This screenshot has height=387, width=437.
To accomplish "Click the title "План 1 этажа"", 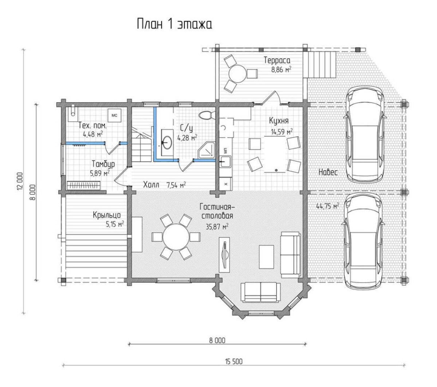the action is click(174, 24).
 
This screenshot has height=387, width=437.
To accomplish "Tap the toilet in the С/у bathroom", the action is click(206, 115).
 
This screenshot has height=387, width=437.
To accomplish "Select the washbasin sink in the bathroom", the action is click(167, 142).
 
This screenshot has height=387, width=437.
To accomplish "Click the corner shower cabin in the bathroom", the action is click(207, 150).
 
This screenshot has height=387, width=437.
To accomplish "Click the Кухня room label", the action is click(279, 121).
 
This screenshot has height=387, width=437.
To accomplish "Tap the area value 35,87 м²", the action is click(217, 226).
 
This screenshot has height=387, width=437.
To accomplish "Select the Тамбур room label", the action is click(103, 164).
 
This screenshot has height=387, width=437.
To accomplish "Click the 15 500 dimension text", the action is click(234, 362).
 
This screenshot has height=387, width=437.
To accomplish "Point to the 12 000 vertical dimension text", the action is click(20, 181).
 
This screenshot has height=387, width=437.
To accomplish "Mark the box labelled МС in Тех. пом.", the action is click(114, 115).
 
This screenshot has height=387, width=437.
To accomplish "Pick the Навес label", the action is click(328, 172).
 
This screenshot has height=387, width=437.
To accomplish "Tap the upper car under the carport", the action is click(365, 134).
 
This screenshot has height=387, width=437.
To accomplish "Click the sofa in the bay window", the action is click(260, 292).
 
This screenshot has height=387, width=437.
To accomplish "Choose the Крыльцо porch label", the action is click(107, 215).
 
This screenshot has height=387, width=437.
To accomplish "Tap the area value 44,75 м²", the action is click(327, 206).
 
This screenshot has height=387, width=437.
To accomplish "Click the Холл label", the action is click(151, 185).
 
